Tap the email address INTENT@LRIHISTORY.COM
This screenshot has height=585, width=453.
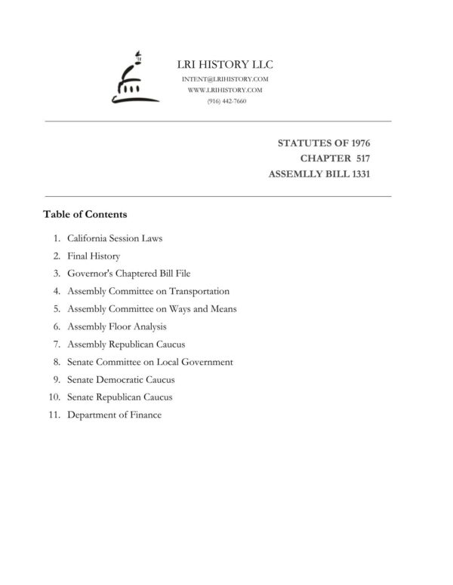tap(226, 79)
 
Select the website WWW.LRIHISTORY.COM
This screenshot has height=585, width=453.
tap(226, 90)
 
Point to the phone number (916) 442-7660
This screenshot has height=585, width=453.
tap(226, 101)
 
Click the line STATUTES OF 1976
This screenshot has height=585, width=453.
tap(324, 142)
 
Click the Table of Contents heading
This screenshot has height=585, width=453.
tap(85, 214)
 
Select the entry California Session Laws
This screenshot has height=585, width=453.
tap(115, 238)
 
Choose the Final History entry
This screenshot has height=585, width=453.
tap(94, 256)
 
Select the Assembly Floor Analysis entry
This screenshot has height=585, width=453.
tap(116, 326)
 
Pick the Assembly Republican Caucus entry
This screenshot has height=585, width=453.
tap(126, 344)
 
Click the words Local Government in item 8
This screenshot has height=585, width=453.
tap(200, 362)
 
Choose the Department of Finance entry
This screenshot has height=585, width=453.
tap(114, 415)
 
